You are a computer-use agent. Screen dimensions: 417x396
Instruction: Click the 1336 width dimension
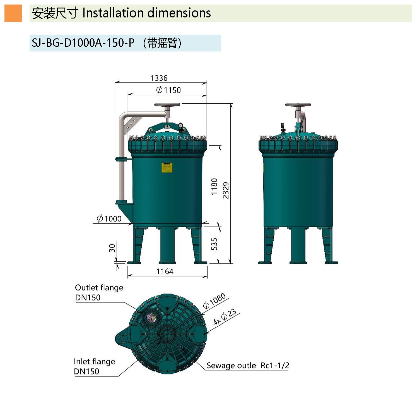click(159, 78)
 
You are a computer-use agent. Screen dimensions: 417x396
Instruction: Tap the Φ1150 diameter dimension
click(168, 90)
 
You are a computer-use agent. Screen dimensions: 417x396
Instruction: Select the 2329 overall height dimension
click(226, 190)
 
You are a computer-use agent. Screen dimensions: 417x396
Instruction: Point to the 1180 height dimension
click(214, 186)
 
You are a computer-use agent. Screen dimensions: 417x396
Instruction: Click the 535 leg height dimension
click(214, 244)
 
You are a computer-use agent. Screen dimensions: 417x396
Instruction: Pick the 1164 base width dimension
click(165, 271)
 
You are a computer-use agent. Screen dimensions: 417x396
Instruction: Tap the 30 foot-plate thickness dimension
click(112, 248)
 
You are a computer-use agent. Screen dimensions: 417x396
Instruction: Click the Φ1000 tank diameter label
click(109, 219)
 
